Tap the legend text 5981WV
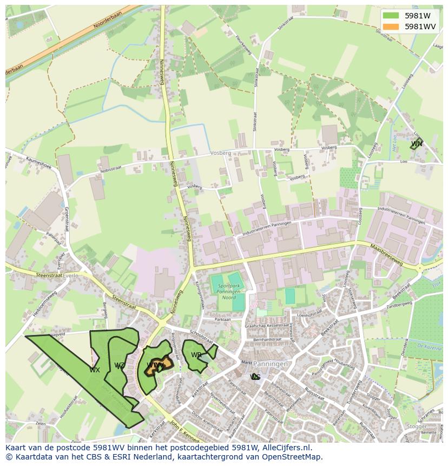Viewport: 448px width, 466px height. (x=421, y=27)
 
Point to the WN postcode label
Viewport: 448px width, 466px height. (x=416, y=144)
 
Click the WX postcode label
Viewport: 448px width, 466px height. (x=95, y=370)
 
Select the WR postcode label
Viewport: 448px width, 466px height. (x=196, y=355)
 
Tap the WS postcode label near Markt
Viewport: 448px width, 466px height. (x=255, y=377)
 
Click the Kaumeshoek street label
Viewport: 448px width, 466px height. (x=38, y=162)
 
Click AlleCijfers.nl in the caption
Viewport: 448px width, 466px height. (x=285, y=448)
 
